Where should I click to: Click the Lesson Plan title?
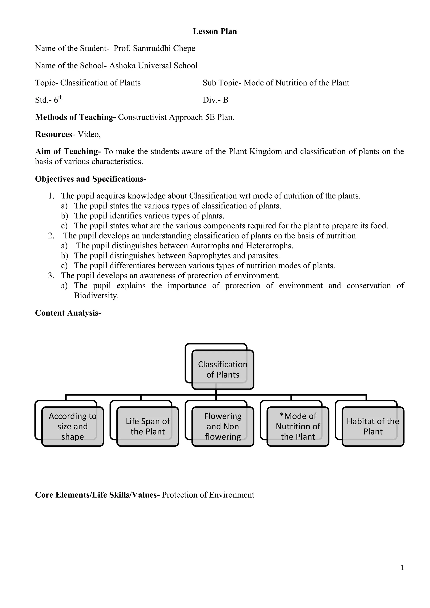215,31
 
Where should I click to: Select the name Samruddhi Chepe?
164,48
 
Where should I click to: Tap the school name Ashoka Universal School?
153,66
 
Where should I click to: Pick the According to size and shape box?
73,426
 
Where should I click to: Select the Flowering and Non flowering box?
223,426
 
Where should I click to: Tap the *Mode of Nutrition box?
298,426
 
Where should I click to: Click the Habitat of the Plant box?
373,426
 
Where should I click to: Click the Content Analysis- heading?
68,313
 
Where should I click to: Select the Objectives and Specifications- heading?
90,179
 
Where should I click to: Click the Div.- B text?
215,100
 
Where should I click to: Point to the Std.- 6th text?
49,100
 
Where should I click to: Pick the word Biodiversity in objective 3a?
96,296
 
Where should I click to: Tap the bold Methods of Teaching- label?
75,117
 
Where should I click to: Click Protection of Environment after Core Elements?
208,495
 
